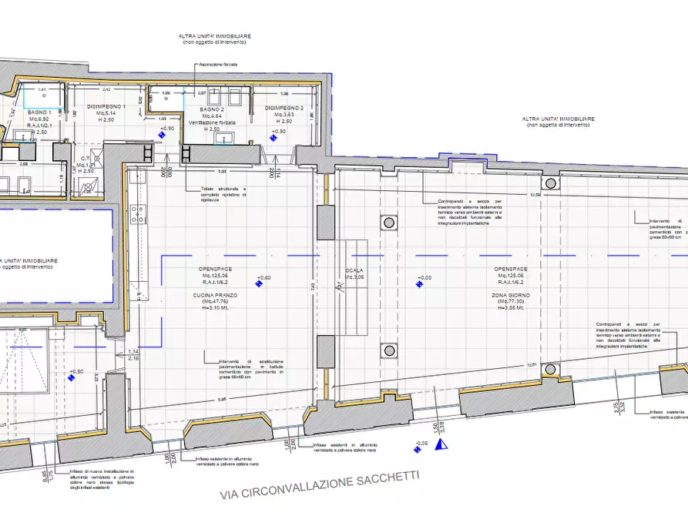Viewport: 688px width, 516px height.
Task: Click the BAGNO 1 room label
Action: pyautogui.click(x=39, y=112)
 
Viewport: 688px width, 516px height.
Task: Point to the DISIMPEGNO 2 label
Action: pyautogui.click(x=284, y=108)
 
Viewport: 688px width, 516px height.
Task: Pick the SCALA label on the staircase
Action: pyautogui.click(x=354, y=270)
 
